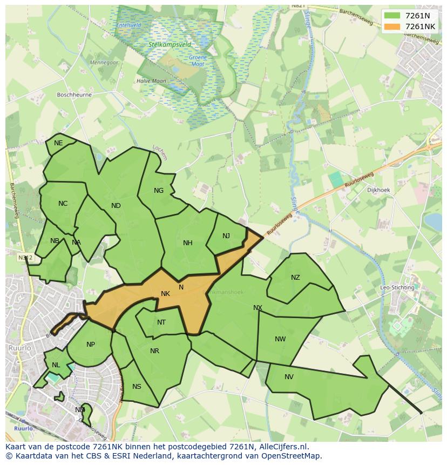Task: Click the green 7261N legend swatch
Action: pyautogui.click(x=392, y=16)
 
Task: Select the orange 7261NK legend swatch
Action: pyautogui.click(x=392, y=26)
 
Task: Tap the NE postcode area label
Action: pyautogui.click(x=58, y=143)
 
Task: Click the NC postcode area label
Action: pyautogui.click(x=63, y=204)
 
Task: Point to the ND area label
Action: pyautogui.click(x=116, y=206)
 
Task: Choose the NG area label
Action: pyautogui.click(x=159, y=191)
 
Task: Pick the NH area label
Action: pyautogui.click(x=188, y=243)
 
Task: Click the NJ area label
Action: pyautogui.click(x=226, y=236)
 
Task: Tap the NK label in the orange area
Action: pyautogui.click(x=166, y=294)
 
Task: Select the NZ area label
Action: pyautogui.click(x=295, y=278)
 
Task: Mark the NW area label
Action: pyautogui.click(x=280, y=339)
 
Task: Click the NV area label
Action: pyautogui.click(x=289, y=377)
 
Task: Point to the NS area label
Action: pyautogui.click(x=137, y=387)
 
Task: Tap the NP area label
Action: pyautogui.click(x=91, y=345)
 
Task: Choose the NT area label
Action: pyautogui.click(x=161, y=322)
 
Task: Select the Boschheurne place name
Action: pyautogui.click(x=74, y=95)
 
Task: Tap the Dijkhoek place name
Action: pyautogui.click(x=378, y=190)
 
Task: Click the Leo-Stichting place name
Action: pyautogui.click(x=397, y=287)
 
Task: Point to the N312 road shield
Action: pyautogui.click(x=25, y=258)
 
